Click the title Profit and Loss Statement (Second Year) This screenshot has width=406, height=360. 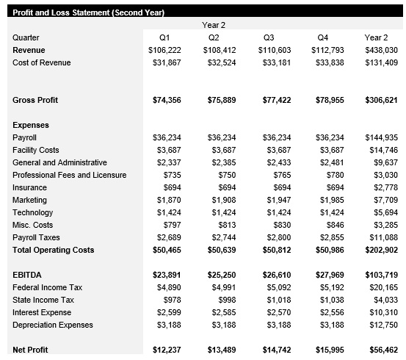89,12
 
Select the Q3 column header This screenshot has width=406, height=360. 268,37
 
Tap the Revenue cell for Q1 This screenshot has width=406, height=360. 163,50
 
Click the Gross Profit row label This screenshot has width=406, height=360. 35,100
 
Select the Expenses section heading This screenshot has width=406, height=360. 31,125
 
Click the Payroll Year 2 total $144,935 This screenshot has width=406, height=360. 381,137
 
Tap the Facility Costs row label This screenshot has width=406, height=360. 36,150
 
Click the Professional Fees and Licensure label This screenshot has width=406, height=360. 70,175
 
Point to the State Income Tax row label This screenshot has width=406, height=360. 43,300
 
